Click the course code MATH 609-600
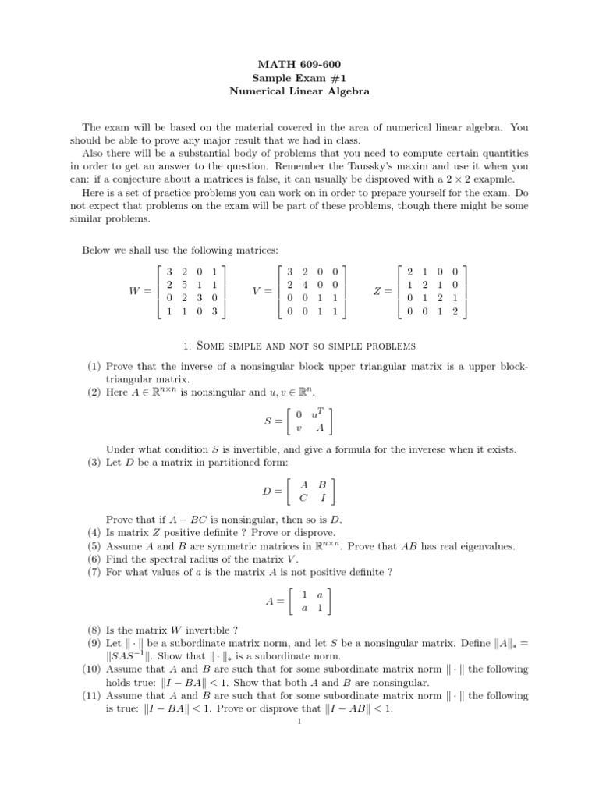click(299, 62)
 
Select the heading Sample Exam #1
click(299, 76)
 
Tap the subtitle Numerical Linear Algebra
click(299, 91)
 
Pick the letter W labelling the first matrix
click(135, 290)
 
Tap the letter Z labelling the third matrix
click(377, 290)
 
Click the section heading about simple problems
click(299, 345)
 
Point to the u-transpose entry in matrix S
click(316, 414)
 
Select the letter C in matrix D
click(303, 498)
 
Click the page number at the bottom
click(299, 721)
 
